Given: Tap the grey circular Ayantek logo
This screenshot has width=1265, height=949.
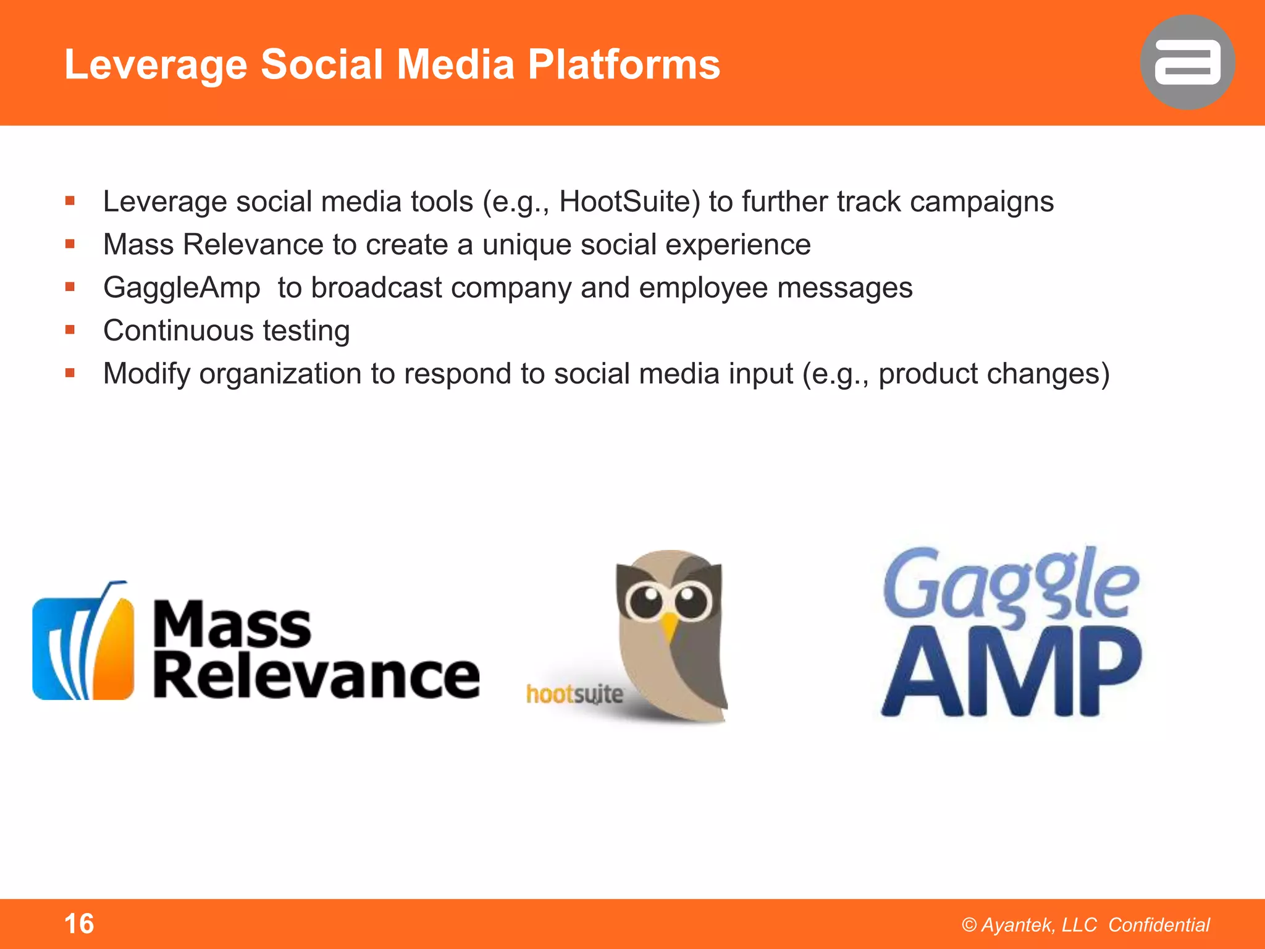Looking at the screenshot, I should pyautogui.click(x=1187, y=62).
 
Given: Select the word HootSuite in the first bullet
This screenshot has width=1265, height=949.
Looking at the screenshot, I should pyautogui.click(x=629, y=202).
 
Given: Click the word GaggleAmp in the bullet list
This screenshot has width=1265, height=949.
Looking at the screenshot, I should pyautogui.click(x=182, y=289).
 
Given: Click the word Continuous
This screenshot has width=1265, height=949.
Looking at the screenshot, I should pyautogui.click(x=179, y=331).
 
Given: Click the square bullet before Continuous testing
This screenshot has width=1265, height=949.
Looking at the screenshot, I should pyautogui.click(x=70, y=330).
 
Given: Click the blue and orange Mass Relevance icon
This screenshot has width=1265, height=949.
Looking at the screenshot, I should pyautogui.click(x=83, y=643).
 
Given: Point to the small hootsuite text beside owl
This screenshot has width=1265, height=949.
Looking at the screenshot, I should pyautogui.click(x=574, y=694).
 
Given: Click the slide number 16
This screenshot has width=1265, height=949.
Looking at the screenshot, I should pyautogui.click(x=79, y=924).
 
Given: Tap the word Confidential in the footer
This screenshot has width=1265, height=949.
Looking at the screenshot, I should pyautogui.click(x=1159, y=925).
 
